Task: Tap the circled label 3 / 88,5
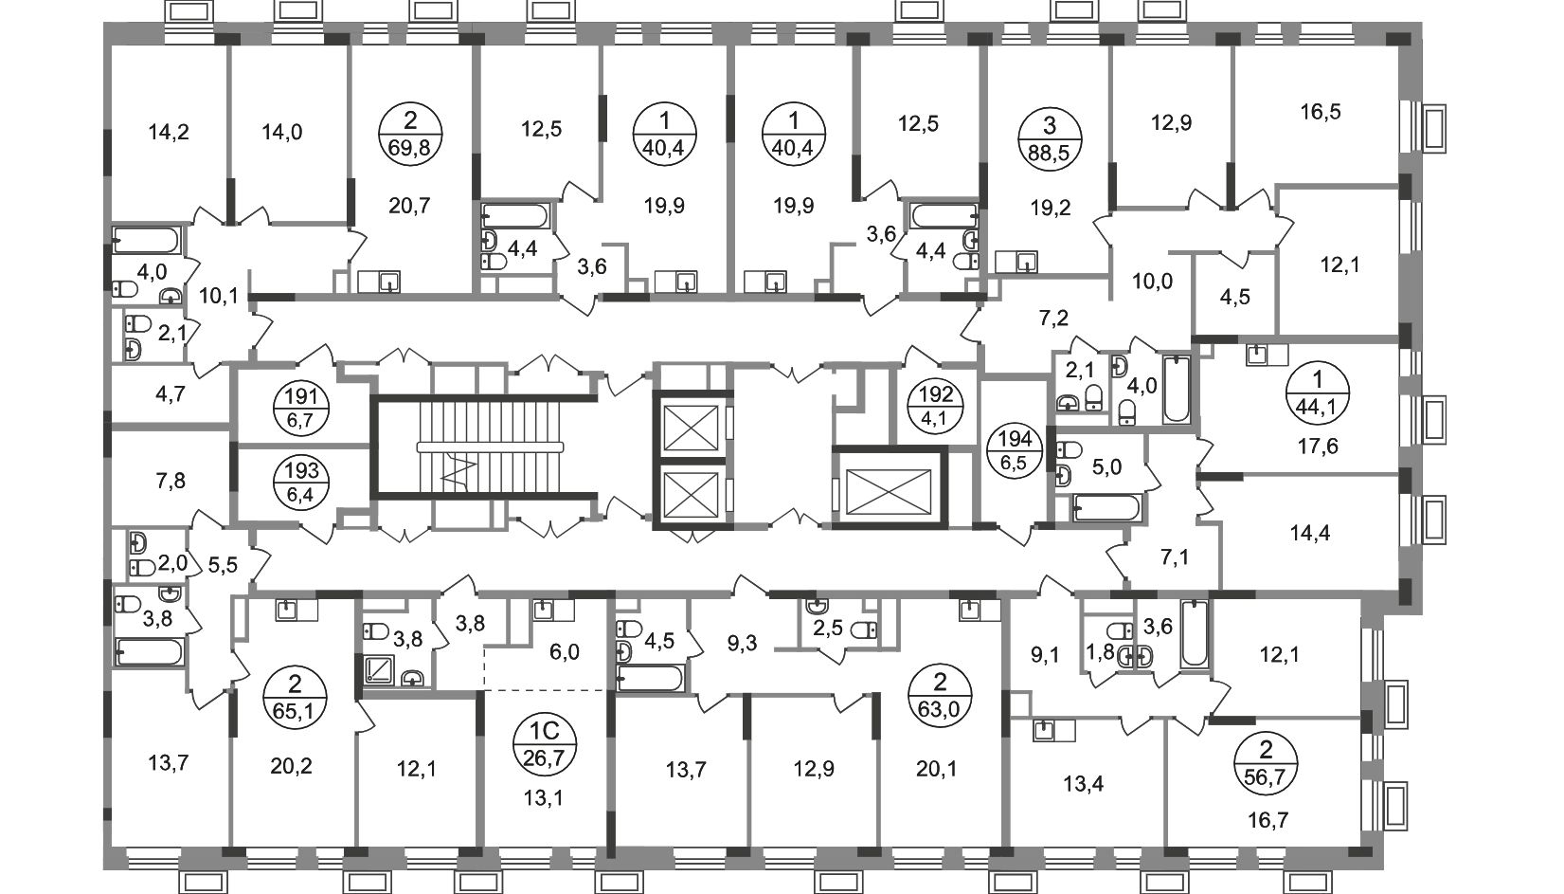coord(1049,139)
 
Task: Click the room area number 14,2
coord(170,132)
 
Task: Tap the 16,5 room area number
coord(1321,111)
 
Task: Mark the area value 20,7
coord(409,205)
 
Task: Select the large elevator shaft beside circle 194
coord(889,486)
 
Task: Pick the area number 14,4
coord(1311,533)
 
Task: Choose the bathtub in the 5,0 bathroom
coord(1106,509)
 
